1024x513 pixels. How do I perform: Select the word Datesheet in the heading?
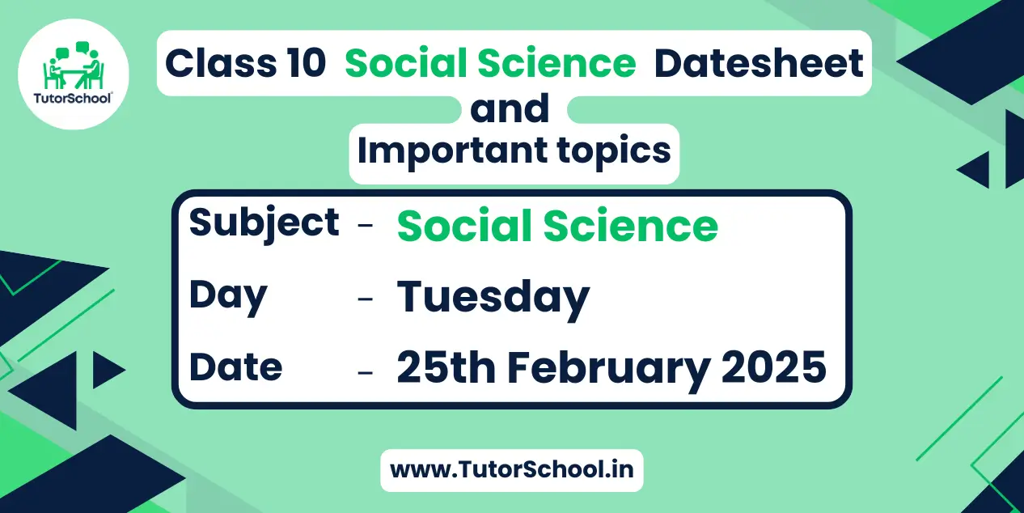[x=759, y=63]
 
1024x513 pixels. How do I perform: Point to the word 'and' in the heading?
[x=510, y=108]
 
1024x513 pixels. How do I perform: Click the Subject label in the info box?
[x=264, y=224]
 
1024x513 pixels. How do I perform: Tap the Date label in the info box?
[x=235, y=367]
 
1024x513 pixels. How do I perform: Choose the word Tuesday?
[x=493, y=298]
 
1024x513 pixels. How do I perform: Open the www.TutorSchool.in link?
[x=511, y=470]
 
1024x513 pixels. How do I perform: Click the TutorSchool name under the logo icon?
[x=73, y=98]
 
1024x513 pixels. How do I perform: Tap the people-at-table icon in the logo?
[x=73, y=66]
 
